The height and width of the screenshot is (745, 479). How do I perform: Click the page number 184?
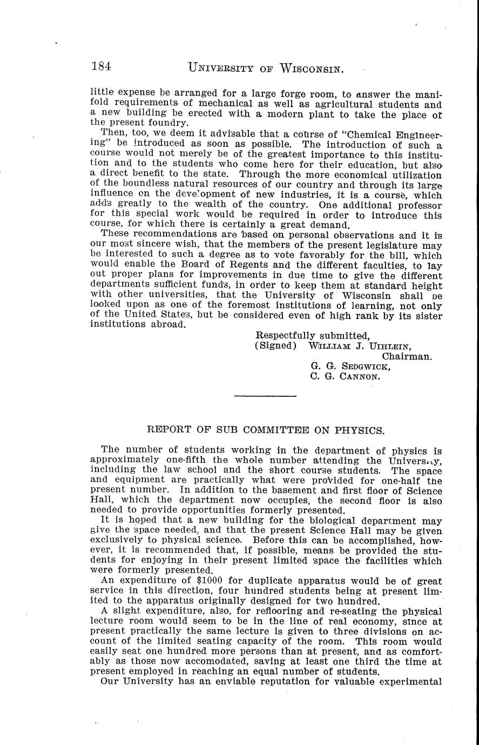click(x=102, y=67)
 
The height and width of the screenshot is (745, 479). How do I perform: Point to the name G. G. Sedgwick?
click(x=350, y=367)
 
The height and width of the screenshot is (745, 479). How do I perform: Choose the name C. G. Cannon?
click(x=346, y=377)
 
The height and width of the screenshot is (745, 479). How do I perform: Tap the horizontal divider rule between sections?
click(x=266, y=397)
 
